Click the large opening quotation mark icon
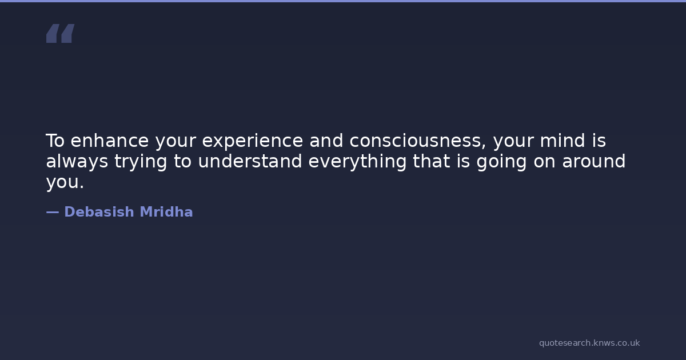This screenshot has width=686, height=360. coord(61,33)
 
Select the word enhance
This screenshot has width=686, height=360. coord(110,141)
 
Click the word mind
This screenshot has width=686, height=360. coord(563,141)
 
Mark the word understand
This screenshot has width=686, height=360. coord(250,161)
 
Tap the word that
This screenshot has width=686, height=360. coord(432,161)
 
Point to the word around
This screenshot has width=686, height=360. coord(594,161)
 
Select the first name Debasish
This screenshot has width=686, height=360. coord(99,212)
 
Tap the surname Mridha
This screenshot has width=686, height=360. coord(166,212)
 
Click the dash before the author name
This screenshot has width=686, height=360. coord(53,212)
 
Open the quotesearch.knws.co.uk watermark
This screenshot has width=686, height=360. coord(589,343)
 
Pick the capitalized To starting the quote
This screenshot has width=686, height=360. coord(55,141)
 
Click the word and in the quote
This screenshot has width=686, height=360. coord(326,141)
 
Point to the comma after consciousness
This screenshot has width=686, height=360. coord(484,147)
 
